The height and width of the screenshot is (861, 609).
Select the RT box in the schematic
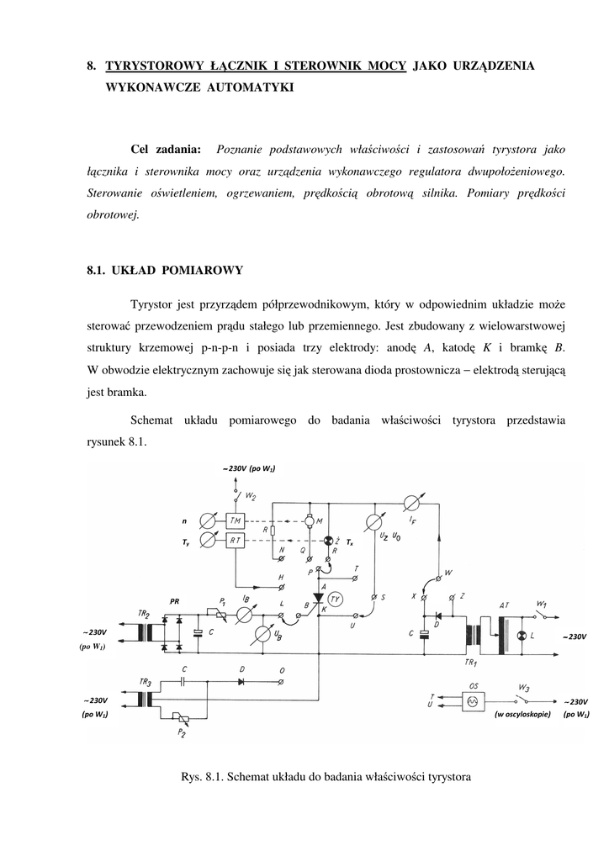point(235,541)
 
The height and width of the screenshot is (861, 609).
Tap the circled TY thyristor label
point(335,599)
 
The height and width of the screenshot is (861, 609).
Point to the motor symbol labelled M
point(308,521)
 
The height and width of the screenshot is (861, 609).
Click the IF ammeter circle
point(410,504)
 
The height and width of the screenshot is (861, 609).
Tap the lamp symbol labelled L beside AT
point(521,635)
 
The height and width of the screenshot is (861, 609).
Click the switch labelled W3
point(523,697)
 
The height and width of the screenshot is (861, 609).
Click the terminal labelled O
point(282,681)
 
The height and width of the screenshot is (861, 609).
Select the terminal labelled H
point(282,586)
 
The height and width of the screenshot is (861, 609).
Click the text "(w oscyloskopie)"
point(522,715)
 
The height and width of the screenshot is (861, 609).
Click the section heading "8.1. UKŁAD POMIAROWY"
point(165,270)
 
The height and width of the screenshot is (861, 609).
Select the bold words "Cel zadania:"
point(167,150)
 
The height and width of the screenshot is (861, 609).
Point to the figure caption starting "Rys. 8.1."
point(326,777)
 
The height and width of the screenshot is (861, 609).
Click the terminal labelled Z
point(453,598)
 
